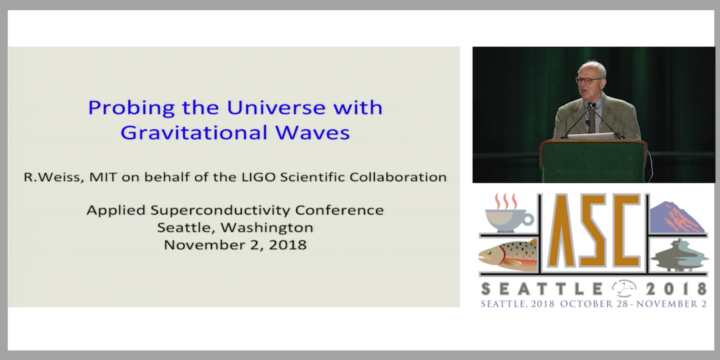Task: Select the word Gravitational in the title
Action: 194,132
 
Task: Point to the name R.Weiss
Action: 54,177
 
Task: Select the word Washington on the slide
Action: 267,228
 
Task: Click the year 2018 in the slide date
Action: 288,245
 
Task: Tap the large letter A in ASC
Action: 557,230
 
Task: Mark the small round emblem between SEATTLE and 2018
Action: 624,288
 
